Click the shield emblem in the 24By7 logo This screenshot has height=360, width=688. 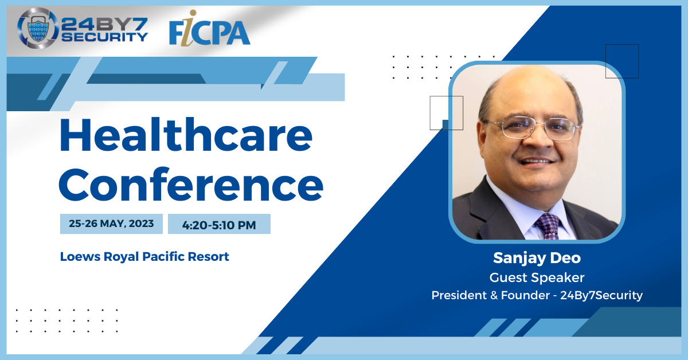[38, 28]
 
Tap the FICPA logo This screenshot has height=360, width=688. [210, 29]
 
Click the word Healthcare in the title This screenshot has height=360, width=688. [186, 135]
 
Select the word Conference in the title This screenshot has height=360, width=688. [191, 185]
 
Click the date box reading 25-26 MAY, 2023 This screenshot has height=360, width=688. [111, 224]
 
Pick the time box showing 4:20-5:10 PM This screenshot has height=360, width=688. [219, 224]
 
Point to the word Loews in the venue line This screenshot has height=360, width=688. [80, 256]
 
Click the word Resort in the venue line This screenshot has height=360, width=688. [209, 256]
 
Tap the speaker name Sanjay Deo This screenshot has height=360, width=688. [537, 258]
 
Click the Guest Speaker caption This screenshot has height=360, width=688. [537, 277]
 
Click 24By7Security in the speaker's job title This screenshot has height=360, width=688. [601, 295]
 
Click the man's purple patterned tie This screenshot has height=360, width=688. [549, 226]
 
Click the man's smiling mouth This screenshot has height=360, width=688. [536, 161]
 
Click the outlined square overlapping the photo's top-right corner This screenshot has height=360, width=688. [622, 45]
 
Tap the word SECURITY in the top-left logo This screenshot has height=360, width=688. [105, 37]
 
